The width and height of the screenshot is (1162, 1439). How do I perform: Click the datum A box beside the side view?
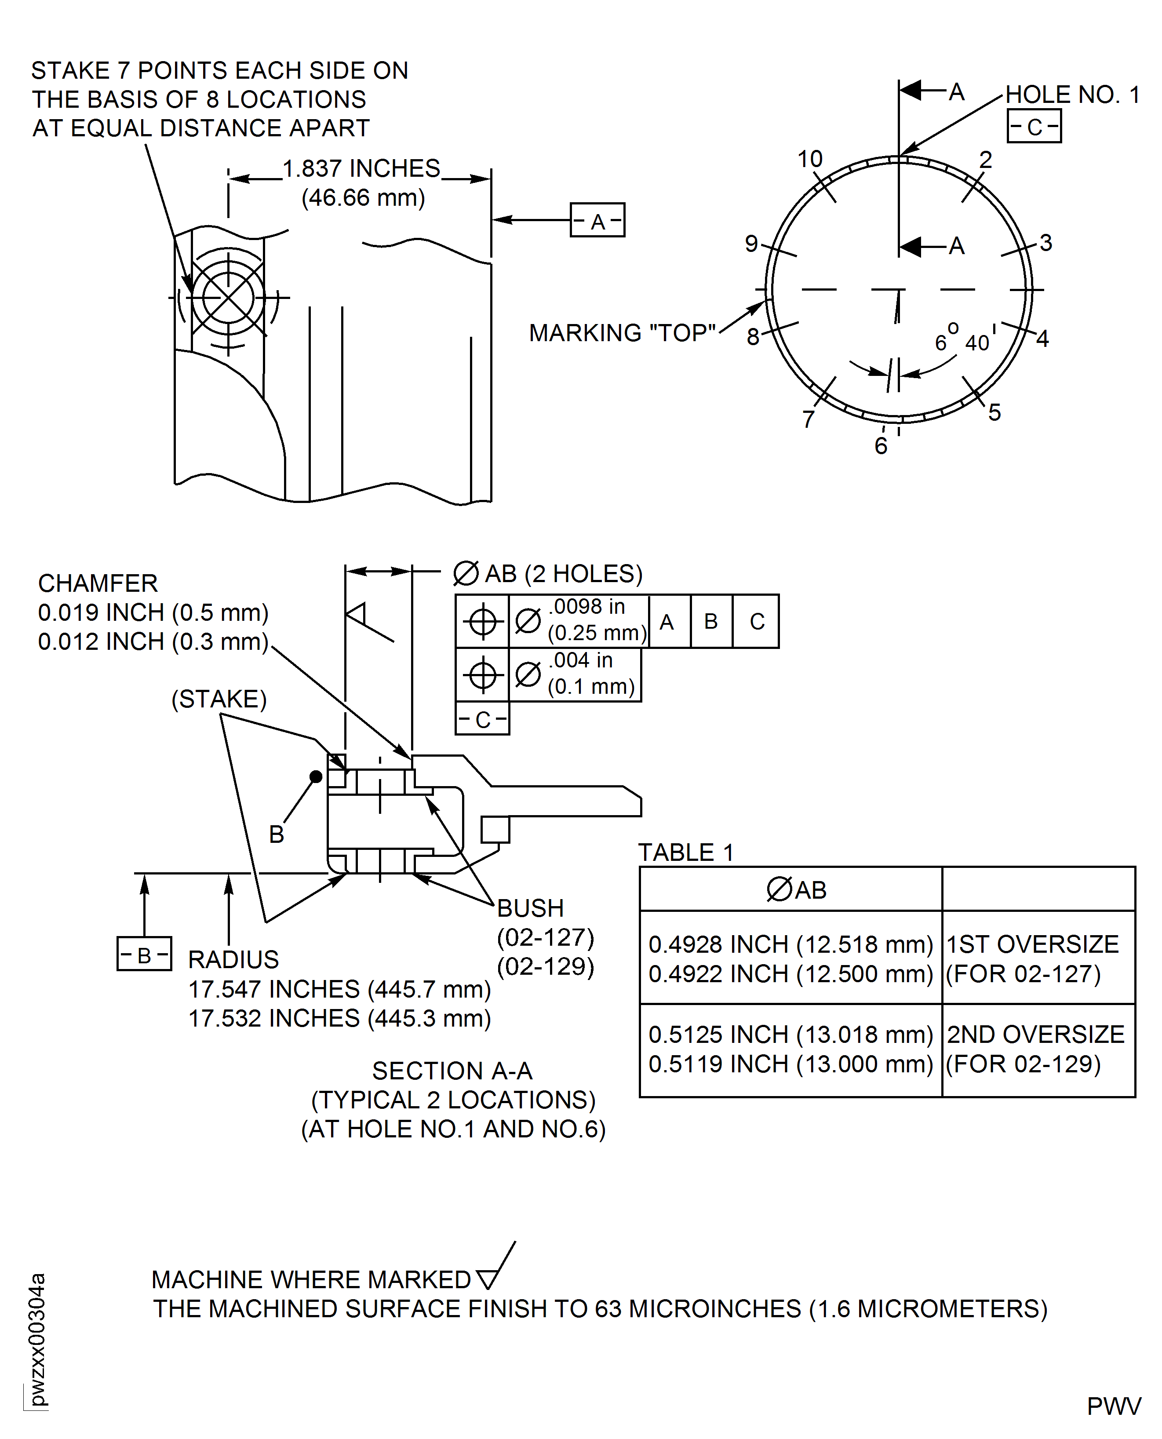click(x=597, y=220)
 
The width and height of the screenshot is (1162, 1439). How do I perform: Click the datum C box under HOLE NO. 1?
click(x=1034, y=127)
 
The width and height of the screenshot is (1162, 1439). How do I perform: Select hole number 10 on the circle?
click(x=809, y=159)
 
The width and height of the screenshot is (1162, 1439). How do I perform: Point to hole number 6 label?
click(x=881, y=446)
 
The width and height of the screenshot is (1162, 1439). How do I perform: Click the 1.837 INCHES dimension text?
click(x=361, y=169)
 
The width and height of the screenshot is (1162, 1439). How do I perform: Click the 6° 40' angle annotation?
click(x=964, y=340)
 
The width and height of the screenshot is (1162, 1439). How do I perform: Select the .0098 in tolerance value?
click(x=587, y=606)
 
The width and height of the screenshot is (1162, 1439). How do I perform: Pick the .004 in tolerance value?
click(x=580, y=660)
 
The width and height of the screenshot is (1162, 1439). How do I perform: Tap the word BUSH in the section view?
click(x=530, y=908)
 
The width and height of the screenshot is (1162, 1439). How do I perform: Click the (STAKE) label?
click(x=219, y=699)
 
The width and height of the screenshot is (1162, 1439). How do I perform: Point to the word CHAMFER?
click(x=98, y=583)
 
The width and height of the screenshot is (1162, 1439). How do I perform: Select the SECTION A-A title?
click(x=452, y=1071)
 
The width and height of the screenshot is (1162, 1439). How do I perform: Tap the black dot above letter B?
click(x=316, y=776)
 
